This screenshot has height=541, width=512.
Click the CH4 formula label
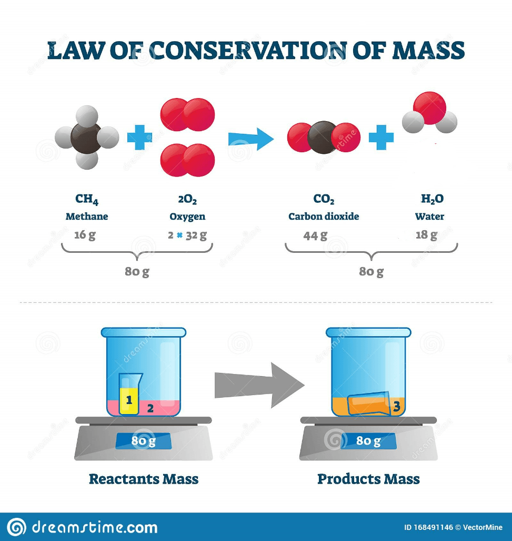click(87, 199)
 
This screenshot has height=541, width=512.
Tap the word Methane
click(87, 217)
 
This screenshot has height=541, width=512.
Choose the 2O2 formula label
click(187, 199)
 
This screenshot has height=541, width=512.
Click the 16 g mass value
click(85, 235)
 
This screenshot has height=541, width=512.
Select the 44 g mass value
click(315, 235)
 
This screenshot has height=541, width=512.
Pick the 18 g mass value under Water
click(426, 235)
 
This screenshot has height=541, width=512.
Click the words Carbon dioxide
click(324, 217)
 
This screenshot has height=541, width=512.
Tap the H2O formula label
click(432, 199)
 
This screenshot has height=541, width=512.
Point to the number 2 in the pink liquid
click(150, 407)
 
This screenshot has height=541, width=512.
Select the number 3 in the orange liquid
click(397, 406)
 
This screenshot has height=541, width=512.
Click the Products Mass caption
click(368, 479)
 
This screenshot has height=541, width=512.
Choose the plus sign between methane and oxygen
click(139, 138)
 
